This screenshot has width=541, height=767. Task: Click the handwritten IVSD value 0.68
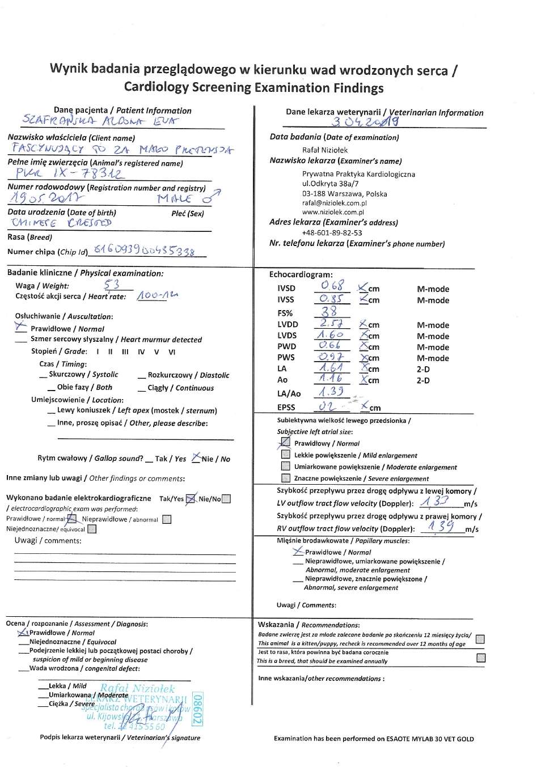click(x=332, y=286)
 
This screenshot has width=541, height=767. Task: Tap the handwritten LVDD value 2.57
click(x=332, y=323)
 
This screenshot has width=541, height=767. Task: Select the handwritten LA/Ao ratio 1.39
click(x=331, y=392)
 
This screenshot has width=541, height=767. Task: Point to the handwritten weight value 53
click(x=112, y=285)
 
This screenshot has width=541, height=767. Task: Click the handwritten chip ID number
click(x=144, y=250)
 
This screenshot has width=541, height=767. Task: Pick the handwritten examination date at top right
click(x=365, y=121)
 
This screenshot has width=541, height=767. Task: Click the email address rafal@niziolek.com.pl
click(x=334, y=203)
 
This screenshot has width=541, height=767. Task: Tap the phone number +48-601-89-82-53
click(x=332, y=233)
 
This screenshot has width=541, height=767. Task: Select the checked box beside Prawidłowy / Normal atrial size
click(x=286, y=442)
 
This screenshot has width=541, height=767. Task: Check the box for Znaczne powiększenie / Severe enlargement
click(x=286, y=478)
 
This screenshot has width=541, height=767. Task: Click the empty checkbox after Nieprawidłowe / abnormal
click(x=167, y=519)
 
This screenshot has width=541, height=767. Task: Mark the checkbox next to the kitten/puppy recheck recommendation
click(x=480, y=639)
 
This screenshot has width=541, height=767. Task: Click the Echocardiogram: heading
click(x=301, y=274)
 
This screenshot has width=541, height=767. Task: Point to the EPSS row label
click(x=286, y=407)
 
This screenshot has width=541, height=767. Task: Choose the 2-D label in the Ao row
click(x=423, y=380)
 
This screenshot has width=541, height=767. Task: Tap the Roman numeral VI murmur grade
click(x=172, y=351)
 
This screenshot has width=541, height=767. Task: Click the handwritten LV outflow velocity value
click(x=435, y=501)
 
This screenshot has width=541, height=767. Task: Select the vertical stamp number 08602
click(x=197, y=708)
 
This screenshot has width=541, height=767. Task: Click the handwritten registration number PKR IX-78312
click(x=68, y=173)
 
